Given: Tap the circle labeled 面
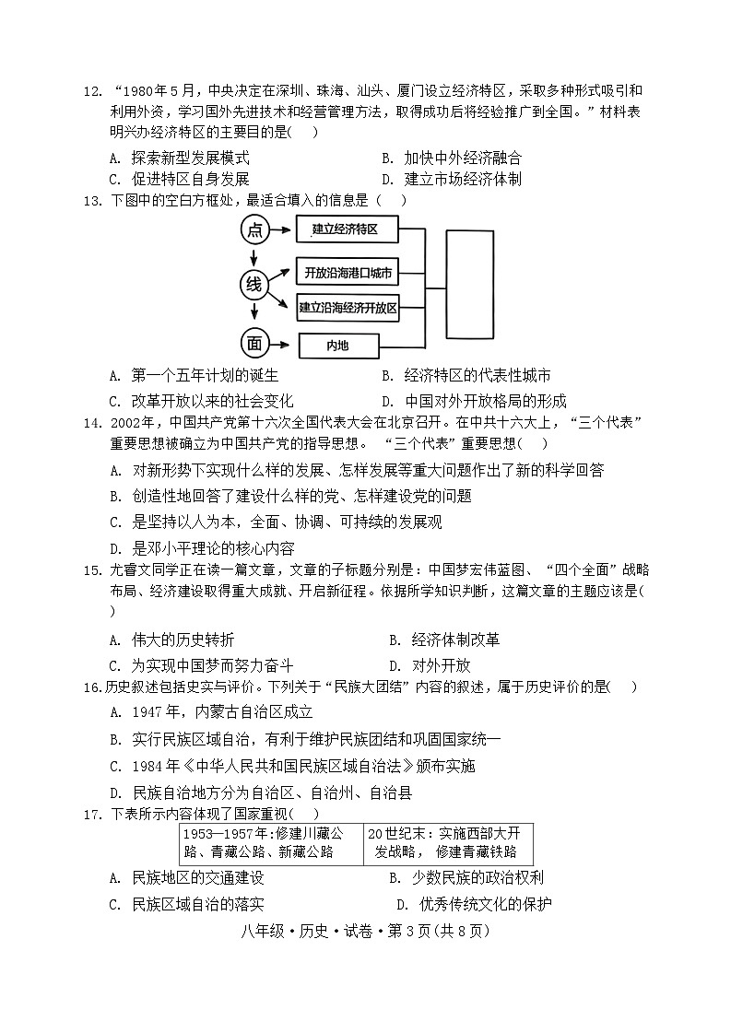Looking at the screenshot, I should click(x=253, y=344).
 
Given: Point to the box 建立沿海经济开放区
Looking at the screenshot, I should click(x=348, y=309).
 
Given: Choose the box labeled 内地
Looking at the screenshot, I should click(x=338, y=346).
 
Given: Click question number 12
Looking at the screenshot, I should click(x=90, y=90).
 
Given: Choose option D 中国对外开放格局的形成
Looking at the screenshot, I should click(x=475, y=401).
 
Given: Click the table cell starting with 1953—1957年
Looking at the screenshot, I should click(x=270, y=842).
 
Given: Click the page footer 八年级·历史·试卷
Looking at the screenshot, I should click(x=365, y=932).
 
